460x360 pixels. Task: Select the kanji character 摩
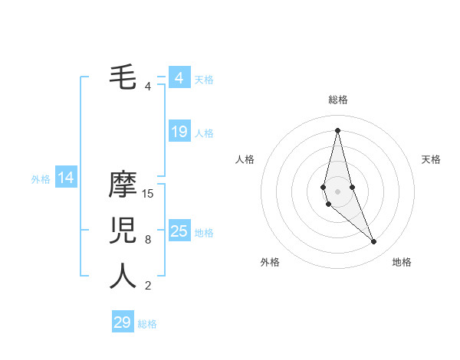pos(123,185)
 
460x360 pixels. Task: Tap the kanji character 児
pos(123,231)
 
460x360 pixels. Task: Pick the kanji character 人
pos(123,276)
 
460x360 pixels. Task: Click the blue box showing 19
pos(179,132)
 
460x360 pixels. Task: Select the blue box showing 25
pos(179,231)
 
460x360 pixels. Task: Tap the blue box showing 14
pos(66,178)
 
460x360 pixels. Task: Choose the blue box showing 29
pos(123,322)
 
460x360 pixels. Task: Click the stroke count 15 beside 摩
pos(148,194)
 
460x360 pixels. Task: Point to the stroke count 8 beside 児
pos(148,240)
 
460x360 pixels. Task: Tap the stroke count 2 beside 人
pos(148,286)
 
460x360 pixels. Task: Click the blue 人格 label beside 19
pos(204,133)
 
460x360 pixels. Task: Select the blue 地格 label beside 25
pos(204,233)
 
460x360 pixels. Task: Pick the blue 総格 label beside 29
pos(147,324)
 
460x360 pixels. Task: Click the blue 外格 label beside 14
pos(41,180)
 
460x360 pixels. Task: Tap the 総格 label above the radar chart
pos(337,100)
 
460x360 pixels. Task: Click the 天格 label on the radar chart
pos(431,159)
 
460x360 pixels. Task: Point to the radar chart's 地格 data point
pos(374,242)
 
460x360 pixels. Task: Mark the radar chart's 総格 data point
pos(337,130)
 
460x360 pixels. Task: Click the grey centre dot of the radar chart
pos(337,191)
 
